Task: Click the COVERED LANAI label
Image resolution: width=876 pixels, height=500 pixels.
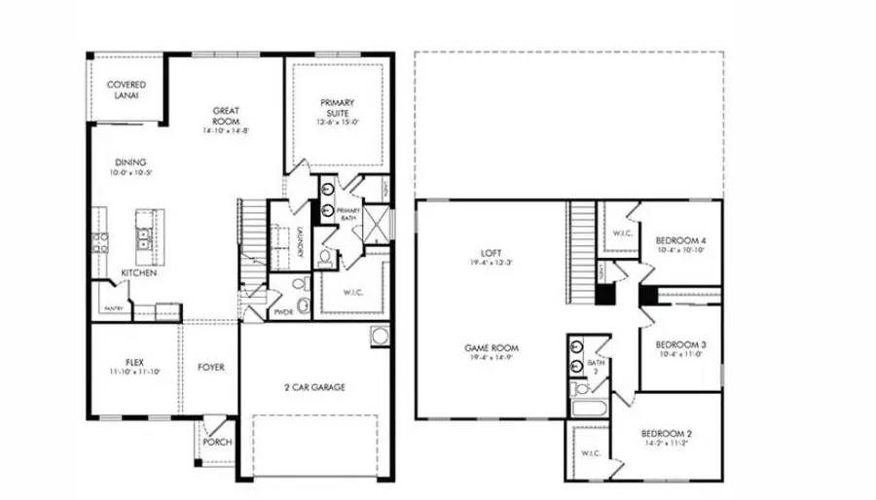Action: (127, 90)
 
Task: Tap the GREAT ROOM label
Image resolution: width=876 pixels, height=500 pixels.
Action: (227, 117)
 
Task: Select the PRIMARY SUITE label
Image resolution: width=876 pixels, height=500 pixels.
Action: (338, 109)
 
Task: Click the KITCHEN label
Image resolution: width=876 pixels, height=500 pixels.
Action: (138, 273)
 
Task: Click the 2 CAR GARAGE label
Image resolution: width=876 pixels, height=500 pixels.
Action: (315, 386)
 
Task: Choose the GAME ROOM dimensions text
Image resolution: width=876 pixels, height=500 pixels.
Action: (491, 358)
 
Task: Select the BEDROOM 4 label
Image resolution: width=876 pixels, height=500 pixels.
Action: (680, 240)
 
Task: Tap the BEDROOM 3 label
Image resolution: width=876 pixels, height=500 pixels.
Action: (679, 345)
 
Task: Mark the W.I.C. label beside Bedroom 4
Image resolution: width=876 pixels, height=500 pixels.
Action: (621, 233)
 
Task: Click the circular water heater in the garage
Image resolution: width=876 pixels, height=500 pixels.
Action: (378, 338)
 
